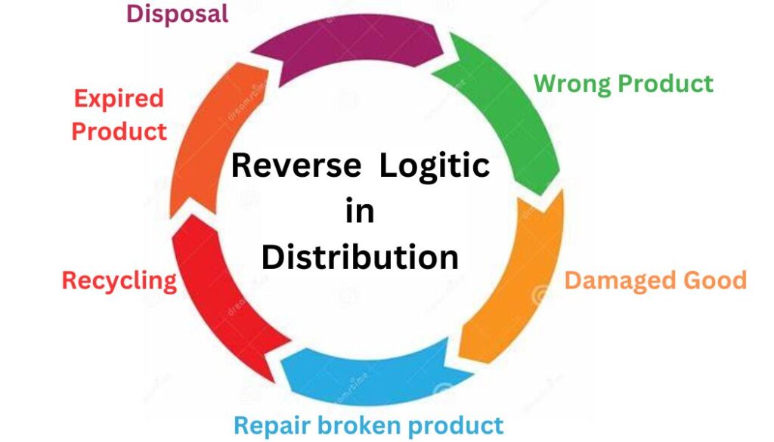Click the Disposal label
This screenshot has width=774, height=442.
click(177, 14)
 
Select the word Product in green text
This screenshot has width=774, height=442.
click(669, 83)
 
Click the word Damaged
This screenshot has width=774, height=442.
click(612, 280)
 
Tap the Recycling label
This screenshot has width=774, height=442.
click(119, 280)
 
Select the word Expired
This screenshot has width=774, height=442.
click(119, 98)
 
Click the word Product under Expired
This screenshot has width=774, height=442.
click(119, 131)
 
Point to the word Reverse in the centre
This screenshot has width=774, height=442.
click(296, 165)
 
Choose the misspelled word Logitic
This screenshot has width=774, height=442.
click(434, 165)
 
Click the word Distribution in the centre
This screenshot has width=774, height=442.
click(360, 257)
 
